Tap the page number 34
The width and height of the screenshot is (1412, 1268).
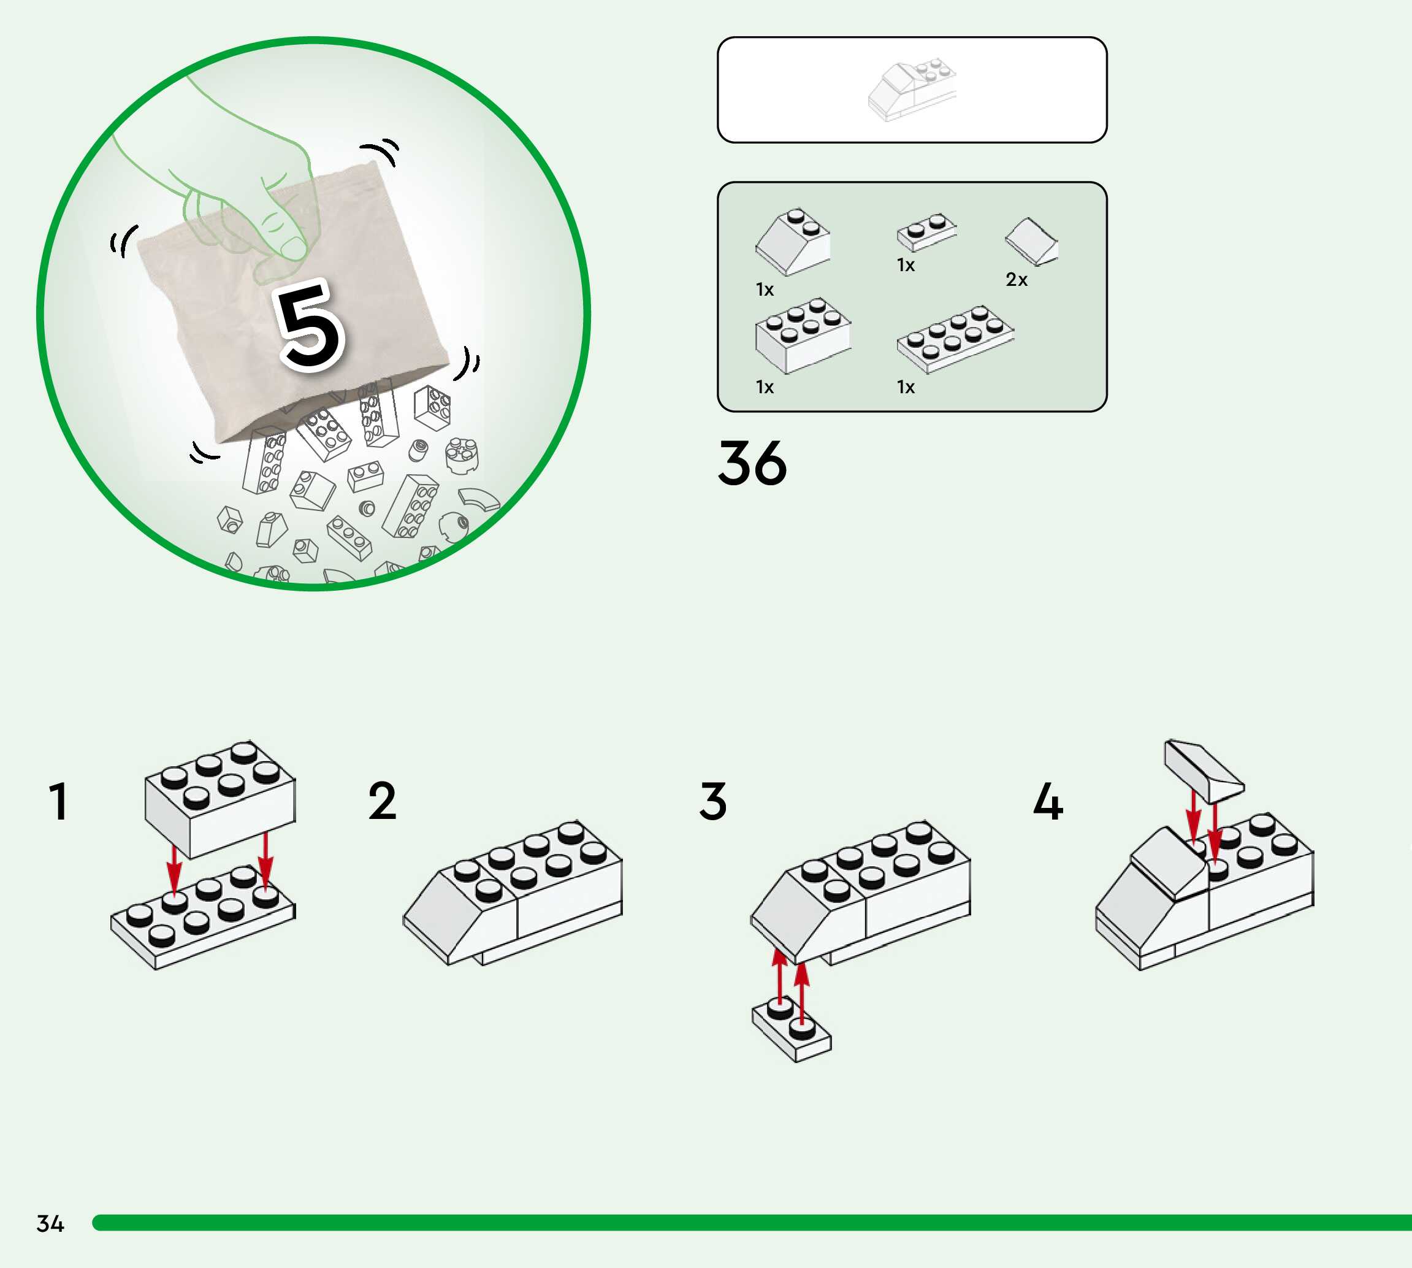click(50, 1224)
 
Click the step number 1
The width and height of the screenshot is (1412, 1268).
click(58, 801)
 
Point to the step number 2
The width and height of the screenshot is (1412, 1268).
click(382, 801)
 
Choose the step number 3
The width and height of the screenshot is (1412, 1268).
click(713, 801)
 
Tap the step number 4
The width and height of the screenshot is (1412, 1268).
click(1048, 801)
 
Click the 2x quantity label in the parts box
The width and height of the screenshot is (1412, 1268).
click(1017, 280)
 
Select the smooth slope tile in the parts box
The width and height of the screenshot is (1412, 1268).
click(1032, 241)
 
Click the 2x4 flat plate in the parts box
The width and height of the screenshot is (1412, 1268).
click(955, 338)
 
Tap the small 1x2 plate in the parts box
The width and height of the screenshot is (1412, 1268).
click(926, 232)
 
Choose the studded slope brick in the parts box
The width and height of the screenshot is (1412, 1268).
click(793, 242)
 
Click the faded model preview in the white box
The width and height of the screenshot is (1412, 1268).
click(912, 91)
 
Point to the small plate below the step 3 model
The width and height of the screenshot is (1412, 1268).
click(792, 1032)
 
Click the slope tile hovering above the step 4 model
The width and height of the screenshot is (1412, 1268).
click(1203, 770)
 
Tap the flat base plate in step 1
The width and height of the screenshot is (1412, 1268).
click(202, 918)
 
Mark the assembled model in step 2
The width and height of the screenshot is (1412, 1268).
click(513, 893)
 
